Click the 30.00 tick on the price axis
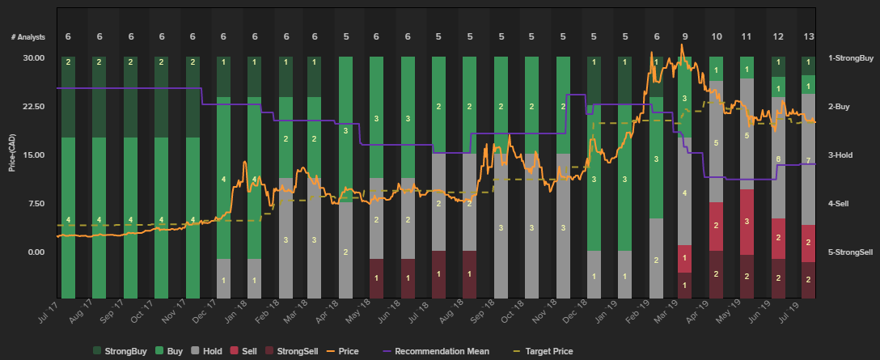coord(34,57)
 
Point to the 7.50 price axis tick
coord(36,203)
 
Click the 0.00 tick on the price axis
coord(36,252)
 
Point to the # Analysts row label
coord(27,36)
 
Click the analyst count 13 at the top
coord(809,36)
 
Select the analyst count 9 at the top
coord(685,36)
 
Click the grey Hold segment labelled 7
coord(809,159)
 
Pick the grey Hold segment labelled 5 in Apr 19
coord(716,142)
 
